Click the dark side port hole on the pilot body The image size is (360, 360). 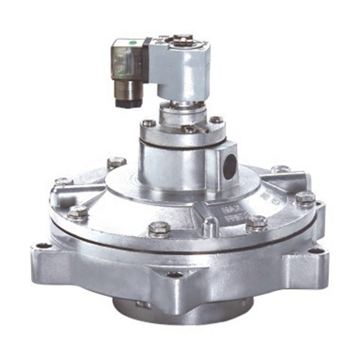point(229,167)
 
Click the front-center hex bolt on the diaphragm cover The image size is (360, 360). point(159,228)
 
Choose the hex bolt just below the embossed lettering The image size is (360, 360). point(257,221)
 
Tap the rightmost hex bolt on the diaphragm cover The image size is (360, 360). point(305,197)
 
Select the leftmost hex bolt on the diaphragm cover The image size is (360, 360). point(63,182)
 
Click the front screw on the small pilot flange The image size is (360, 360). point(189,129)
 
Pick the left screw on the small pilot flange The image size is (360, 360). point(148,123)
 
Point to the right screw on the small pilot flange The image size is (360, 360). point(216,120)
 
